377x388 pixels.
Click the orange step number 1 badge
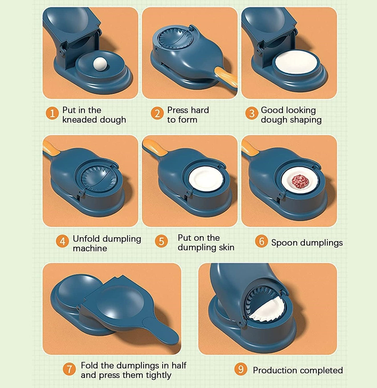tap(52, 113)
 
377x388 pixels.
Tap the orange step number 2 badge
tap(157, 113)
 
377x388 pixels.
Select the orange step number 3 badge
tap(252, 113)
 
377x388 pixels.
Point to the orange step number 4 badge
tap(62, 241)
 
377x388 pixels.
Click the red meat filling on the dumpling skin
tap(300, 181)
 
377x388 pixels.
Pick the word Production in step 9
tap(275, 370)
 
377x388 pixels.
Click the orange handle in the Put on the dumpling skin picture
tap(155, 148)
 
